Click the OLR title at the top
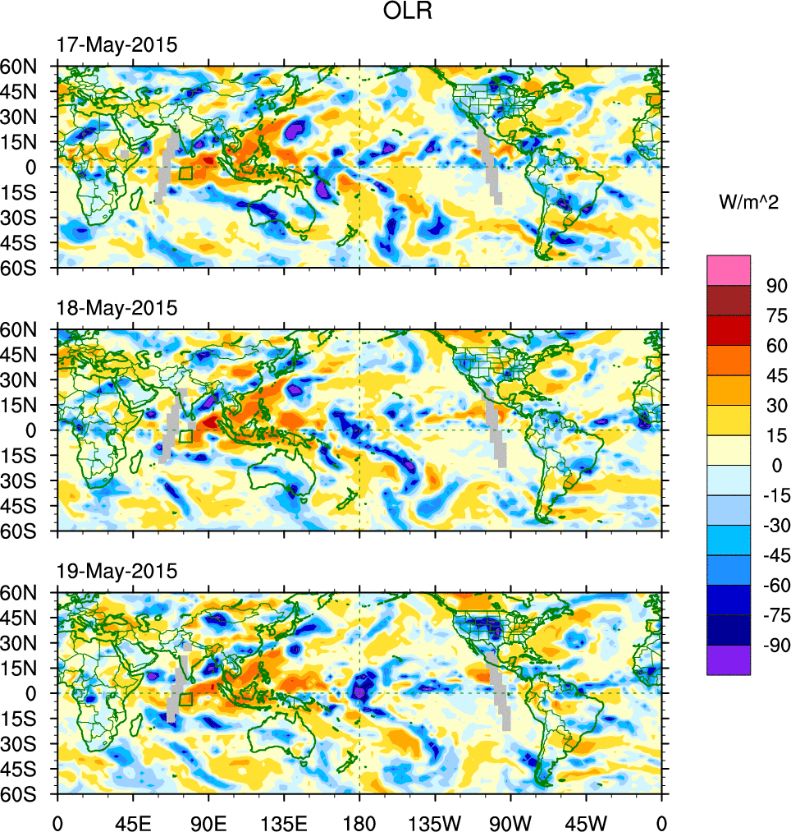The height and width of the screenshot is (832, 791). (x=408, y=12)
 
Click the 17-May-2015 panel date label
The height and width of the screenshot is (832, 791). (x=116, y=45)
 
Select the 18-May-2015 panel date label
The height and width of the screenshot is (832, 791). (x=116, y=308)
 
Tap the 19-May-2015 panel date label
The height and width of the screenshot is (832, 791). (x=116, y=571)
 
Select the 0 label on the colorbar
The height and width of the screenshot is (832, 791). (x=771, y=466)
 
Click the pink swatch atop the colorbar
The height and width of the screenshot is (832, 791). (x=729, y=269)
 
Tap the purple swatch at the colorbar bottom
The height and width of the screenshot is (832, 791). (x=729, y=660)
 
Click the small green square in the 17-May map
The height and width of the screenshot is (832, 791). (x=185, y=173)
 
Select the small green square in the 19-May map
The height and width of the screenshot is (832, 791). (x=185, y=699)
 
